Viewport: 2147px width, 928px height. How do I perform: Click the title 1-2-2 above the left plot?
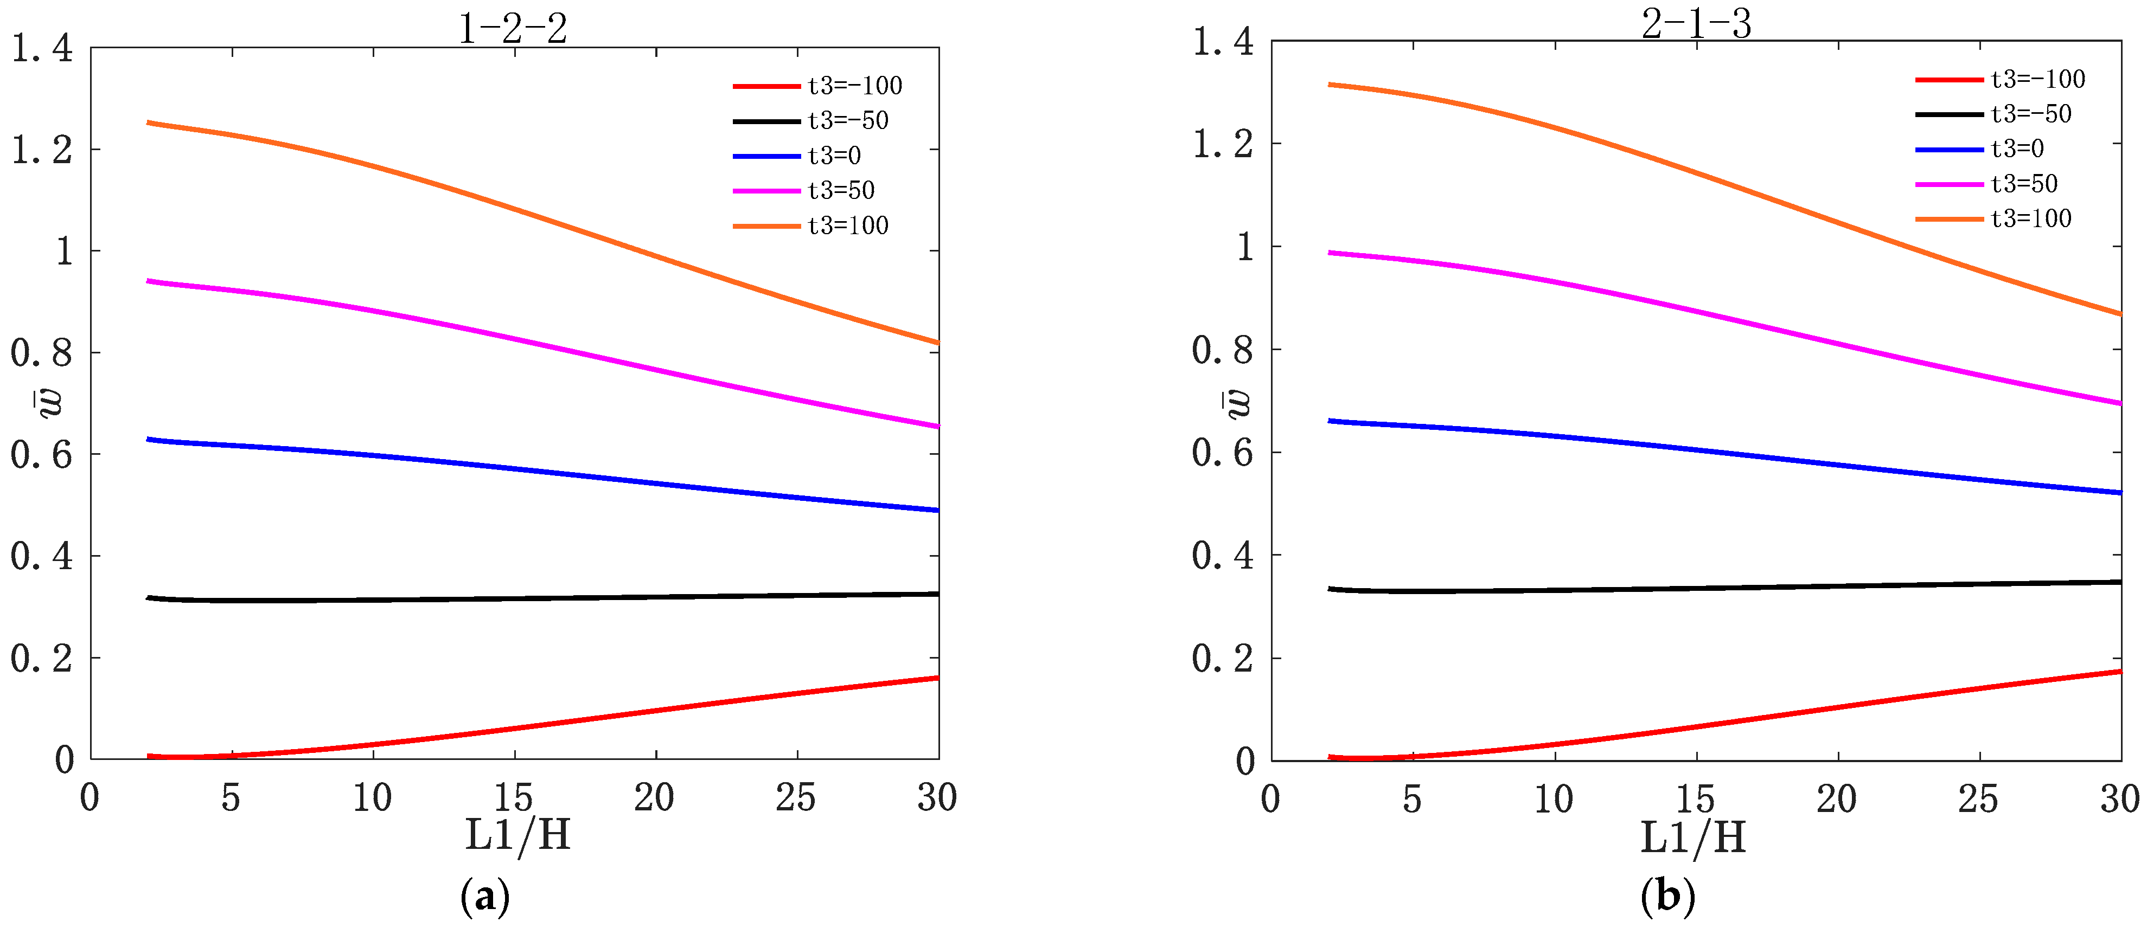[x=513, y=29]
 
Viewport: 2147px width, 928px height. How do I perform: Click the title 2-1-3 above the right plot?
[x=1696, y=23]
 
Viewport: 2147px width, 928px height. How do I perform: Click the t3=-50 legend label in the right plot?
[x=2030, y=114]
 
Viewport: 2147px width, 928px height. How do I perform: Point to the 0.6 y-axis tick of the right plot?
[x=1222, y=452]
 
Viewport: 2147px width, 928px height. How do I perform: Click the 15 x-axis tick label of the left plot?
[x=513, y=798]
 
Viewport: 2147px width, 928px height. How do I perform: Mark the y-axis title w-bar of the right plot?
[x=1238, y=403]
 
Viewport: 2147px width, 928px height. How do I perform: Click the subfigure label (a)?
[x=484, y=897]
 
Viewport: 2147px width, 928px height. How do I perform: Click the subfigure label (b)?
[x=1667, y=897]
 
